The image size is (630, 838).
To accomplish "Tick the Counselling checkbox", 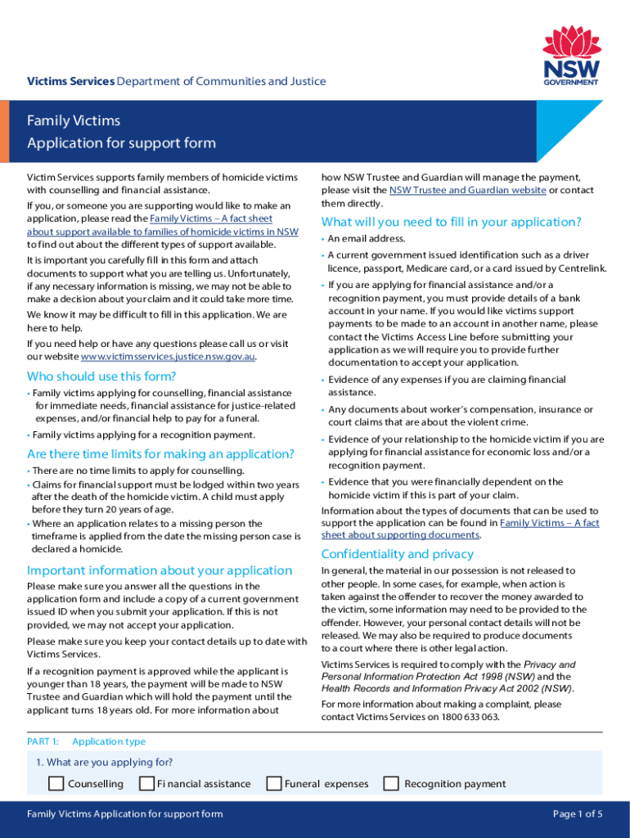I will [56, 783].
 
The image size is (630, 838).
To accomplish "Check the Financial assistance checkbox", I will [146, 783].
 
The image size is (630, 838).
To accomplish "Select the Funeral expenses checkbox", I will [274, 783].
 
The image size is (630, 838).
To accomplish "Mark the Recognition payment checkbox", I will [391, 783].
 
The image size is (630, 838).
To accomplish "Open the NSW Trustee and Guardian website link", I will [467, 190].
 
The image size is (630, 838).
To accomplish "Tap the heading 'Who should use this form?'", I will [101, 376].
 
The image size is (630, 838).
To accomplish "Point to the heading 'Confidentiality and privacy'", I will [398, 554].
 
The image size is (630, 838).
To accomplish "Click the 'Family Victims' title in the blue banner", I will [74, 121].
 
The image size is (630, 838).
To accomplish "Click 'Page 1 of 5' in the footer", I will [578, 813].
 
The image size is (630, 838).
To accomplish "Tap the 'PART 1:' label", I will [43, 741].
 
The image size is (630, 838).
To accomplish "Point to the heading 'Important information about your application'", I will [160, 570].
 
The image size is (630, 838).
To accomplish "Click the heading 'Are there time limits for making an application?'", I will [160, 454].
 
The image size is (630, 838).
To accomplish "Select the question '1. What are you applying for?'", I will [104, 762].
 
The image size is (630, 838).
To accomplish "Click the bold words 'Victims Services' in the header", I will [70, 81].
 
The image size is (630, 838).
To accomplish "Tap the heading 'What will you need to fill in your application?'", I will [452, 222].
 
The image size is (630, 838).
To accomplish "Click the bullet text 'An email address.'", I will [367, 239].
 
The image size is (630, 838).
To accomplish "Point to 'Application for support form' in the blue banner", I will [121, 143].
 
